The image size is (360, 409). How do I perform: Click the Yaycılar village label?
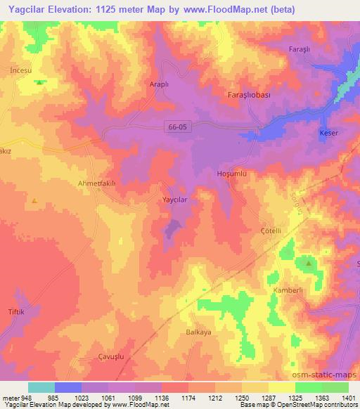pos(177,199)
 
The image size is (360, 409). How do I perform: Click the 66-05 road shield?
pos(178,126)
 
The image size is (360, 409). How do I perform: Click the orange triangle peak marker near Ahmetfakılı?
pos(34,201)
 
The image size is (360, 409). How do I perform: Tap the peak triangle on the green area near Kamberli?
pos(309,263)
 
